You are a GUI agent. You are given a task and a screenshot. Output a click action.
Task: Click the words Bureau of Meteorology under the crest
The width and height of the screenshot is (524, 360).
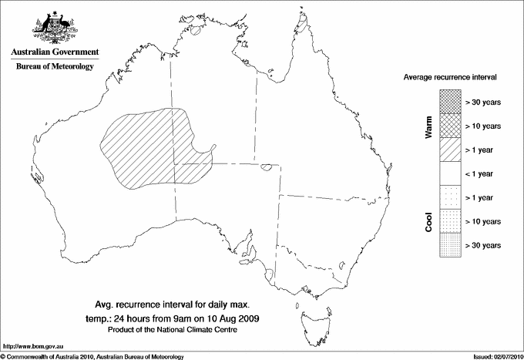(x=54, y=66)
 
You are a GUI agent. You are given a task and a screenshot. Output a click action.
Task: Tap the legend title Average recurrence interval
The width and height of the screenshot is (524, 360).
(x=450, y=78)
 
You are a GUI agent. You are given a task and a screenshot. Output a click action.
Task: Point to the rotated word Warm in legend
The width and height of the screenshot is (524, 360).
(x=429, y=126)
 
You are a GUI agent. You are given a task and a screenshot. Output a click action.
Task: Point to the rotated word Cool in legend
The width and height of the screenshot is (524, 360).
(x=429, y=221)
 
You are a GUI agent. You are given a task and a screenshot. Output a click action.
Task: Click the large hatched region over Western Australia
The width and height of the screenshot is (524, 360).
(x=146, y=150)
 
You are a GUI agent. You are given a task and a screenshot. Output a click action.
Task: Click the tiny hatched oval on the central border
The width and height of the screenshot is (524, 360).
(x=266, y=166)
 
